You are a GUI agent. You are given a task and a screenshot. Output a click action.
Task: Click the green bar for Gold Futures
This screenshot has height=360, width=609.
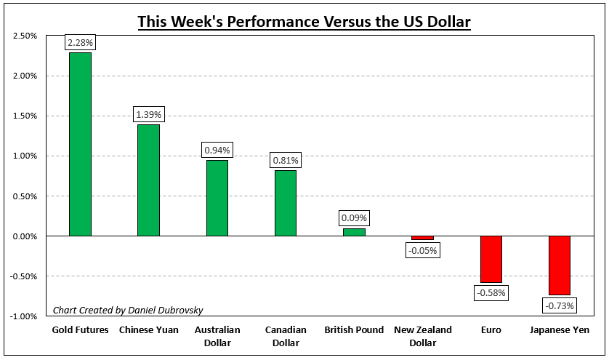(x=80, y=144)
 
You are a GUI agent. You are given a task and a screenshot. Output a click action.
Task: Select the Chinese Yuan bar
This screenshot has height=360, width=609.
(x=148, y=180)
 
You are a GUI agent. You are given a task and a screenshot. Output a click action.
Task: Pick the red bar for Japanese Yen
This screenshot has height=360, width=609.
(x=560, y=265)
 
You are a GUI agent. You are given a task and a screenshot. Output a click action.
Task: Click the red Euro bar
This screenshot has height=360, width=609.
(x=491, y=259)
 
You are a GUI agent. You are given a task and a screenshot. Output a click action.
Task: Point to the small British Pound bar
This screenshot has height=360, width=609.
(x=354, y=232)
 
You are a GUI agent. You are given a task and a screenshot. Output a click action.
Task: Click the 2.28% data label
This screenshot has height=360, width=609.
(x=80, y=43)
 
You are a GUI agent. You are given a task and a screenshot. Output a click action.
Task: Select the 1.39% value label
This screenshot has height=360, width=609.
(x=148, y=115)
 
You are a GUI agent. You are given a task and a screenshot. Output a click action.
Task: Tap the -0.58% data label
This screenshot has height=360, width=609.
(x=491, y=292)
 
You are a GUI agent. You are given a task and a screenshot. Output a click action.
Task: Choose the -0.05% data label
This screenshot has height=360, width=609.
(x=422, y=250)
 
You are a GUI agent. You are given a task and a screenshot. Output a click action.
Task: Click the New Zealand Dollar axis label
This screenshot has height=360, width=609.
(x=422, y=336)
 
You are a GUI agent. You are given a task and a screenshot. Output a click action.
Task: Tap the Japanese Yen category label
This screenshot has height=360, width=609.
(x=560, y=330)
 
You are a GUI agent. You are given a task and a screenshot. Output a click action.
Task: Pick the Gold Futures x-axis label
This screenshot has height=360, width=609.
(x=80, y=330)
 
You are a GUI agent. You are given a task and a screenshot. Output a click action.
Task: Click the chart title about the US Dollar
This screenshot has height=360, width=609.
(x=304, y=21)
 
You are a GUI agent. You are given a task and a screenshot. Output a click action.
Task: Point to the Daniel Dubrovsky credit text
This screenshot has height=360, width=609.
(x=127, y=311)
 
